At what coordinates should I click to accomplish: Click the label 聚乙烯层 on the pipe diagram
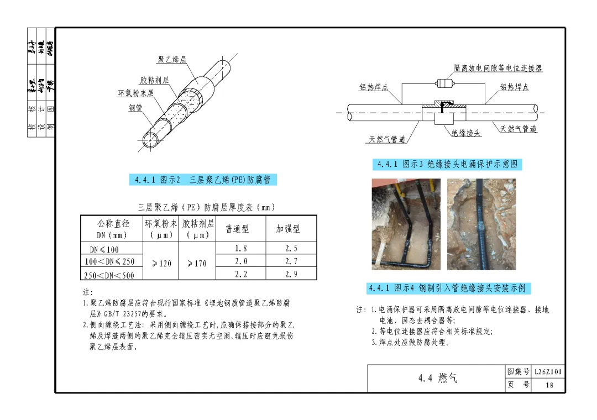pos(172,60)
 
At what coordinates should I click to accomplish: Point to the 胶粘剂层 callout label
pos(154,81)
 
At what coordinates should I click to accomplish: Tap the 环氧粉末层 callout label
pos(135,93)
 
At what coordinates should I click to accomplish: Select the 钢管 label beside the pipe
pos(136,108)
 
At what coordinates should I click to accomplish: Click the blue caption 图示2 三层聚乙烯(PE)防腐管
pos(203,180)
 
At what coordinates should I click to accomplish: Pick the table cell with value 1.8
pos(240,248)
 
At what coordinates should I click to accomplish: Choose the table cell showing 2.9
pos(291,274)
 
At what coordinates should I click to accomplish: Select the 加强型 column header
pos(288,229)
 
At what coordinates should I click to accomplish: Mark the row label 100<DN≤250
pos(109,261)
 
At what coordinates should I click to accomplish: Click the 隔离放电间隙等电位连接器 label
pos(498,69)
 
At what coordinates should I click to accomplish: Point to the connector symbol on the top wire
pos(444,84)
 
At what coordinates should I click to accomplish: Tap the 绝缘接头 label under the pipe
pos(466,133)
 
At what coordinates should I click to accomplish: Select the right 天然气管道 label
pos(519,129)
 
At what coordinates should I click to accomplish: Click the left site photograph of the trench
pos(406,224)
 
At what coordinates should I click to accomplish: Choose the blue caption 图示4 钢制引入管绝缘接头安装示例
pos(448,288)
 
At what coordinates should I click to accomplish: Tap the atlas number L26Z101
pos(548,372)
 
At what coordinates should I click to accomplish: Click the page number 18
pos(548,385)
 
